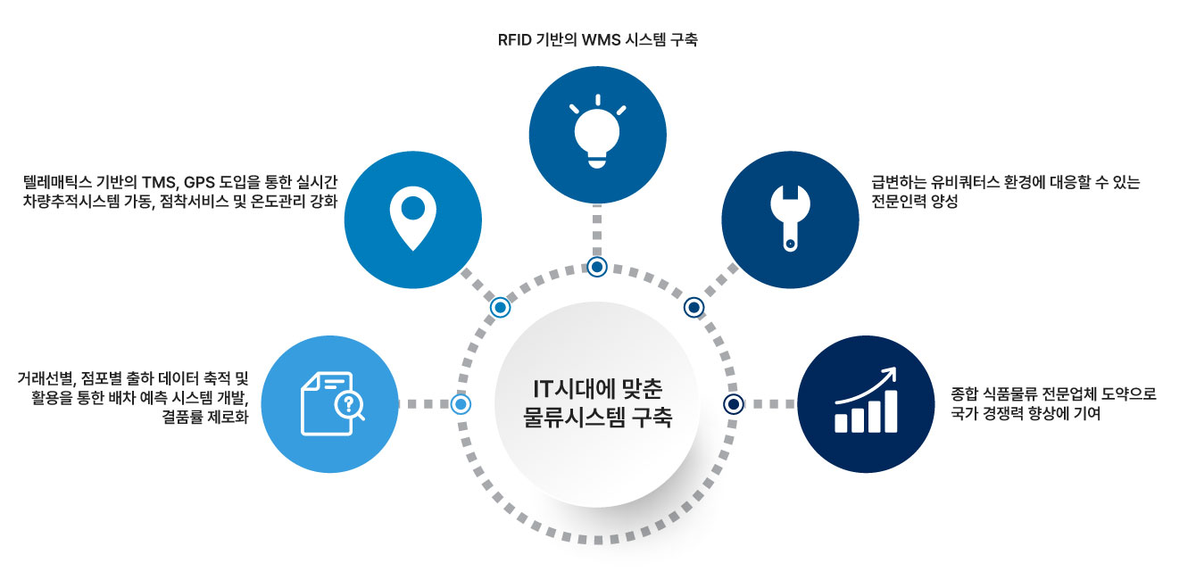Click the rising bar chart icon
coord(866,401)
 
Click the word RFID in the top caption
coord(514,40)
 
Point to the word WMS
coord(600,40)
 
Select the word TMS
coord(159,183)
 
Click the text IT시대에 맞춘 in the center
coord(597,389)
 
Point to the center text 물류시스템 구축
coord(597,418)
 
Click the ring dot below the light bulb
coord(597,267)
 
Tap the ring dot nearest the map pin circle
coord(501,307)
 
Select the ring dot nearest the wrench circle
coord(694,307)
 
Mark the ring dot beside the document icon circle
coord(461,404)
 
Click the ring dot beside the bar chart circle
coord(734,404)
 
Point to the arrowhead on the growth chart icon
coord(890,374)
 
